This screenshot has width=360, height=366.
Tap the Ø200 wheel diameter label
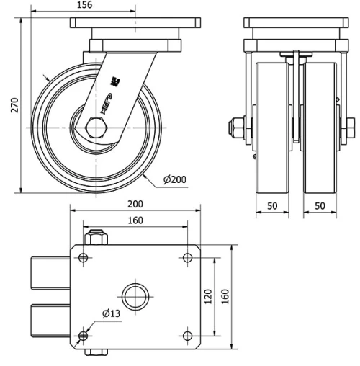tap(176, 179)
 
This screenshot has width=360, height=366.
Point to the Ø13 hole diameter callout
tap(110, 313)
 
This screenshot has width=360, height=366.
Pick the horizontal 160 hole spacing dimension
tap(135, 220)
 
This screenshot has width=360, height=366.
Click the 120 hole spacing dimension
tap(207, 296)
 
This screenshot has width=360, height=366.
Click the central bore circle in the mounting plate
tap(135, 296)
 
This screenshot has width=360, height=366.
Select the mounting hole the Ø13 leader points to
tap(84, 335)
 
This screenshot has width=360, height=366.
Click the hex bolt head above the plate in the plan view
tap(95, 238)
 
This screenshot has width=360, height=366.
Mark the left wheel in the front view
tap(272, 130)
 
